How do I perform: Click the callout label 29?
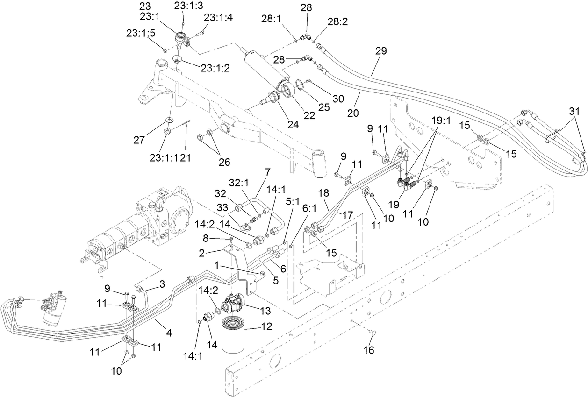[x=381, y=52]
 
